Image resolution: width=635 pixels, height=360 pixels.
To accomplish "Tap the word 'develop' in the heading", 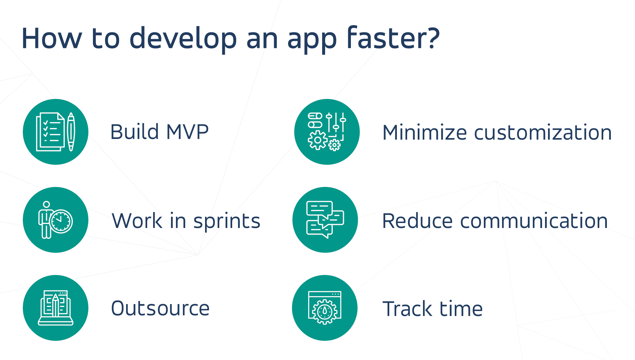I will [183, 39].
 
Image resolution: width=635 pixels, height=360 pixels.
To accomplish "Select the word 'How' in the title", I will [51, 39].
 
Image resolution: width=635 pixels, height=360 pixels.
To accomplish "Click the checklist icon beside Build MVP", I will [50, 132].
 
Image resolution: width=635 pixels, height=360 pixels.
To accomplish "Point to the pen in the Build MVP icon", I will [71, 132].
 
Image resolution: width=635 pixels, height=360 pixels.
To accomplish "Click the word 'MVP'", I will [187, 132].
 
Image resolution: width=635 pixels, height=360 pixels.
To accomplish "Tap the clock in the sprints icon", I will [61, 221].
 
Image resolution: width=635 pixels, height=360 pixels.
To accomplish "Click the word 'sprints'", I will [227, 221].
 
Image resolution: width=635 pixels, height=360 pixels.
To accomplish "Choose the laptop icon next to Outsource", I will [56, 308].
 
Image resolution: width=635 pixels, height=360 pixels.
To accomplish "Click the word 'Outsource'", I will [160, 308].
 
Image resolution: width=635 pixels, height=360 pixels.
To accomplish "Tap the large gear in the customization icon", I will [317, 140].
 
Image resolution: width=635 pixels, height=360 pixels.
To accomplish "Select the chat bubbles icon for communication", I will [325, 220].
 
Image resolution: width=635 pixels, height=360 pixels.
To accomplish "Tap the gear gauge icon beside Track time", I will [324, 308].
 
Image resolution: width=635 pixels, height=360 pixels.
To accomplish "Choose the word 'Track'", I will [407, 309].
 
